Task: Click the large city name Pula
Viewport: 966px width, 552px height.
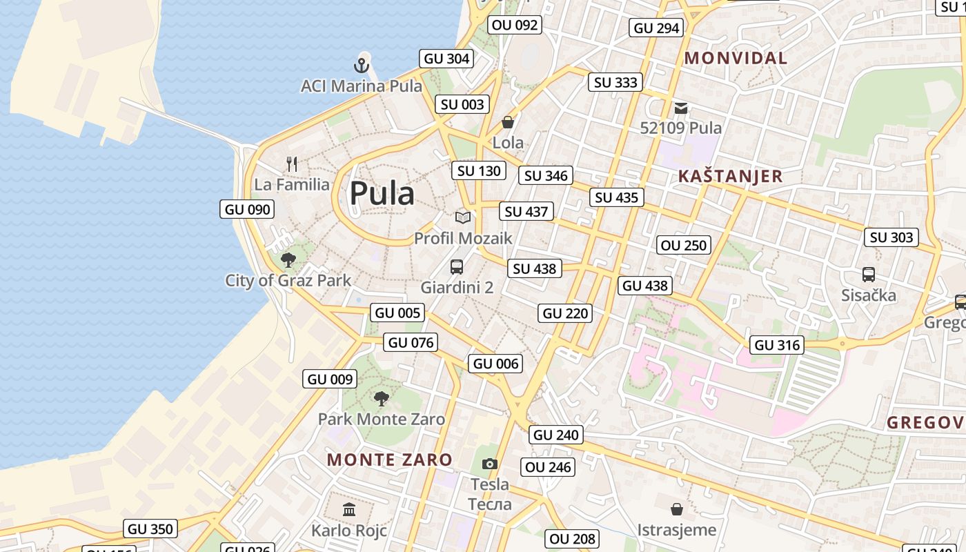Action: pyautogui.click(x=382, y=194)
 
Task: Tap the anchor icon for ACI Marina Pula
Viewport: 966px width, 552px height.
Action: pyautogui.click(x=362, y=66)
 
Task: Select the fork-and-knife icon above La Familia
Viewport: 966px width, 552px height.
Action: pyautogui.click(x=292, y=164)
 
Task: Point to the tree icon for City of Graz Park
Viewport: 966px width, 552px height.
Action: pyautogui.click(x=288, y=260)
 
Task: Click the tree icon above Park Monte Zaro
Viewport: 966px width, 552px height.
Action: pyautogui.click(x=381, y=398)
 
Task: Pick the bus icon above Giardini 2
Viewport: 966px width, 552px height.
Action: pyautogui.click(x=456, y=266)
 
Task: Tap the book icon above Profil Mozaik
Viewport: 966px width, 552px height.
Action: pyautogui.click(x=463, y=217)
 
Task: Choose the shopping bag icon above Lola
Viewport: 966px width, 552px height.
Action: pyautogui.click(x=508, y=122)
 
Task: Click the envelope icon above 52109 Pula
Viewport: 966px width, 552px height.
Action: pyautogui.click(x=681, y=108)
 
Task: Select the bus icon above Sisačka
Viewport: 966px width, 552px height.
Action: pyautogui.click(x=869, y=275)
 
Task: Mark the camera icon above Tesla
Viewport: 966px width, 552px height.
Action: pyautogui.click(x=490, y=464)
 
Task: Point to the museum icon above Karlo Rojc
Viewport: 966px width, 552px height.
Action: pyautogui.click(x=349, y=510)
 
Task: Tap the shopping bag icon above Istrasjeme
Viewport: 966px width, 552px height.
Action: pyautogui.click(x=677, y=509)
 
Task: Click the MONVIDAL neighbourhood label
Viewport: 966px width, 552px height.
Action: pyautogui.click(x=736, y=59)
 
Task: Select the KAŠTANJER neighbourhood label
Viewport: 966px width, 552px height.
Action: pyautogui.click(x=731, y=176)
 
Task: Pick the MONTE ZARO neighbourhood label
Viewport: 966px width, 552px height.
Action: pyautogui.click(x=390, y=460)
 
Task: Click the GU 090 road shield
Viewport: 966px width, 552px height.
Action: pyautogui.click(x=247, y=209)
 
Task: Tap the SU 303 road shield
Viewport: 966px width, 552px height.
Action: pyautogui.click(x=891, y=237)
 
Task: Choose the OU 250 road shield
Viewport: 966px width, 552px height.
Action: pyautogui.click(x=684, y=245)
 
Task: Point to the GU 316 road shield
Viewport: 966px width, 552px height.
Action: pyautogui.click(x=778, y=345)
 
